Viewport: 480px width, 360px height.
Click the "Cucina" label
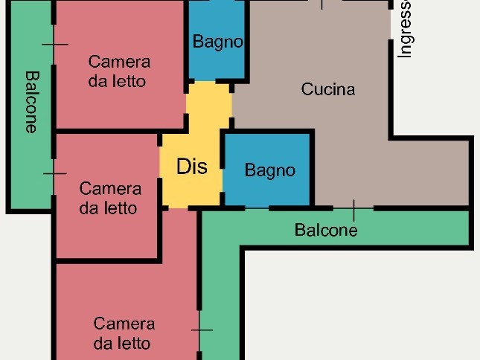[x=328, y=89]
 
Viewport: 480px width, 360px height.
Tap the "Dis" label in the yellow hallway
[x=192, y=167]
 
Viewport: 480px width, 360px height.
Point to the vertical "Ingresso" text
[x=405, y=29]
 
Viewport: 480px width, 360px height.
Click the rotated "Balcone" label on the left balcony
[x=32, y=102]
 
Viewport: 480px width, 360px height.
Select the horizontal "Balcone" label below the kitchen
[x=326, y=230]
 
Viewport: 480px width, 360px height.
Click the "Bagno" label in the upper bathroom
[x=218, y=42]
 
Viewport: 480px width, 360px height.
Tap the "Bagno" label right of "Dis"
[x=270, y=170]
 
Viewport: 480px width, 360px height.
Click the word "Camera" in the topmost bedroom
[x=119, y=62]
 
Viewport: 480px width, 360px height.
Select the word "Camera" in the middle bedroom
[x=110, y=189]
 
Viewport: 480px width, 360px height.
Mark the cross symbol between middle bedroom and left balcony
[x=54, y=173]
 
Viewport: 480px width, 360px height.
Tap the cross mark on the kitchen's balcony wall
[x=354, y=209]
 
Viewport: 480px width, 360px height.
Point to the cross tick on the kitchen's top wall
[x=321, y=3]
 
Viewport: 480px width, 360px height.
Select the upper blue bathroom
[x=217, y=39]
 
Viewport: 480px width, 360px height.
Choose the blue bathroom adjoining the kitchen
[x=267, y=170]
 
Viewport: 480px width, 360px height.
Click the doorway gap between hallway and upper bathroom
[x=205, y=81]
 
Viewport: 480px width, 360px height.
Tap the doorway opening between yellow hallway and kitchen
[x=231, y=105]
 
